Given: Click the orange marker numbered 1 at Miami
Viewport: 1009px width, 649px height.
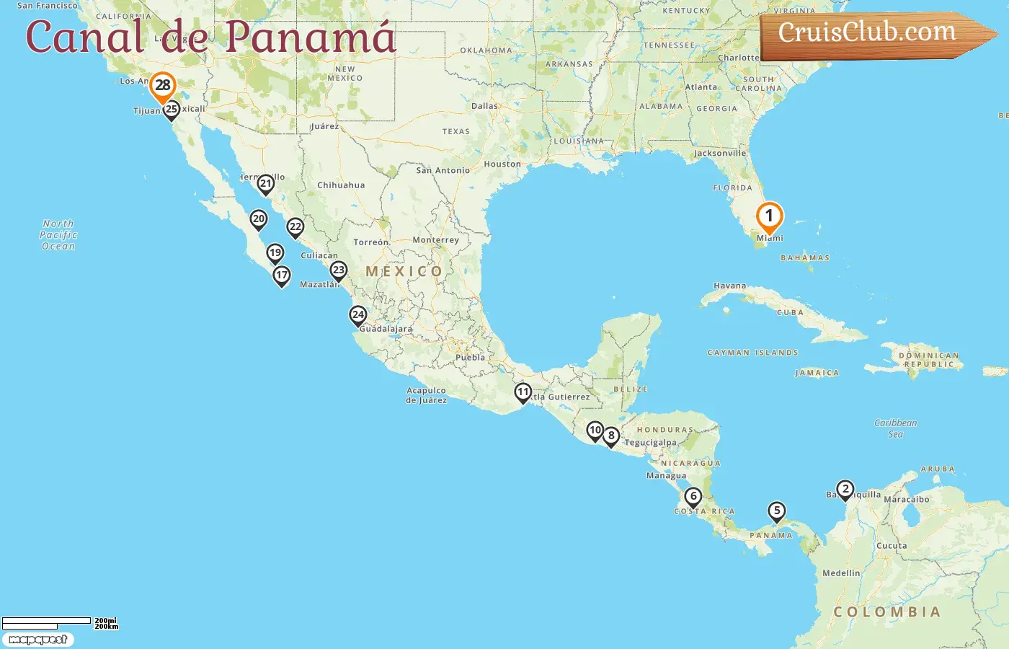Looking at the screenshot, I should tap(769, 216).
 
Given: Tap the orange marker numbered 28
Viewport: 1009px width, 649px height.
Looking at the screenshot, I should tap(163, 86).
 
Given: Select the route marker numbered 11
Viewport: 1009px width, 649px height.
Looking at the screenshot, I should tap(523, 393).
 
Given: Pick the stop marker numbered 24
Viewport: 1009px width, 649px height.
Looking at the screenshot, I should tap(358, 315).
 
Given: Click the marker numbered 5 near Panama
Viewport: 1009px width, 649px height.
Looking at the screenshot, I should tap(776, 511).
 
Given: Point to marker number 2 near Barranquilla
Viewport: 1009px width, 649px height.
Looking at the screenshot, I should tap(845, 490).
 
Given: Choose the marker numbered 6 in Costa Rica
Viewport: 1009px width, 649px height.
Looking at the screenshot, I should tap(693, 497).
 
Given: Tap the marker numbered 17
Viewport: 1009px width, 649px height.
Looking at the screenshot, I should tap(282, 275).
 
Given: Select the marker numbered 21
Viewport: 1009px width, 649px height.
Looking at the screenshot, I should tap(266, 184).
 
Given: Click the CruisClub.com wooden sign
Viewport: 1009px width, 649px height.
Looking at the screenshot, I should tap(872, 34).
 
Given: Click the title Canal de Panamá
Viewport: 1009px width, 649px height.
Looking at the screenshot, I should tap(210, 37).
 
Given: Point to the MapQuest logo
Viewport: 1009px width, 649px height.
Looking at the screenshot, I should tap(37, 640).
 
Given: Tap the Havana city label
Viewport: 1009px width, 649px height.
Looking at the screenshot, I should tap(729, 286).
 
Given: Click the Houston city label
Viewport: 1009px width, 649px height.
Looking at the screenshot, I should tap(502, 164).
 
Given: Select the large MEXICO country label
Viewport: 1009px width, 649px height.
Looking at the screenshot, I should tap(404, 272).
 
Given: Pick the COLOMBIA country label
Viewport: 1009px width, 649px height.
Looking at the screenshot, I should tap(886, 612).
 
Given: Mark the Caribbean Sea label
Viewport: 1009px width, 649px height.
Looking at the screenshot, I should tap(895, 428).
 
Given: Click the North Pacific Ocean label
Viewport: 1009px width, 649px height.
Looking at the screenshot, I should tap(58, 235).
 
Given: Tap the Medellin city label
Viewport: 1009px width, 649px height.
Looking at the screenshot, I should tap(841, 573).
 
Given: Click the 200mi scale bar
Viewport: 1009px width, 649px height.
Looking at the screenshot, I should tap(47, 621).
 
